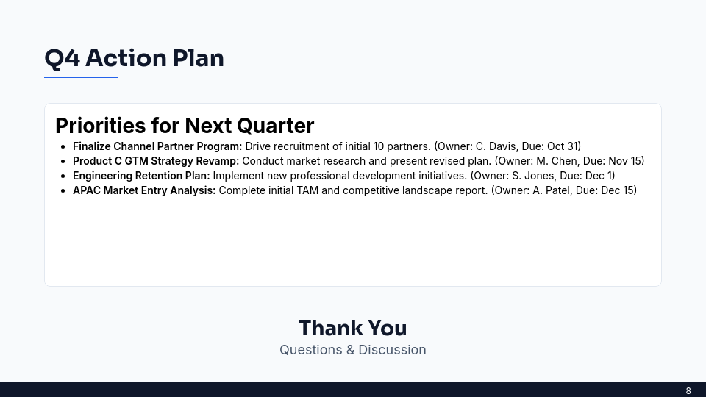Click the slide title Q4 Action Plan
click(134, 58)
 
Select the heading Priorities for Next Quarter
click(185, 126)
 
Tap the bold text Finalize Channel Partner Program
click(157, 146)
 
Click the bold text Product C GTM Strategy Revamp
click(156, 161)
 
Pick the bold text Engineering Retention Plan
click(141, 176)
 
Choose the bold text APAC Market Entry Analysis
click(144, 190)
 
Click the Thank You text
click(352, 328)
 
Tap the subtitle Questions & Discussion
click(352, 350)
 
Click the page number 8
click(688, 391)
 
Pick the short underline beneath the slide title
click(81, 77)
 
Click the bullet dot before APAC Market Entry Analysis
click(64, 191)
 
